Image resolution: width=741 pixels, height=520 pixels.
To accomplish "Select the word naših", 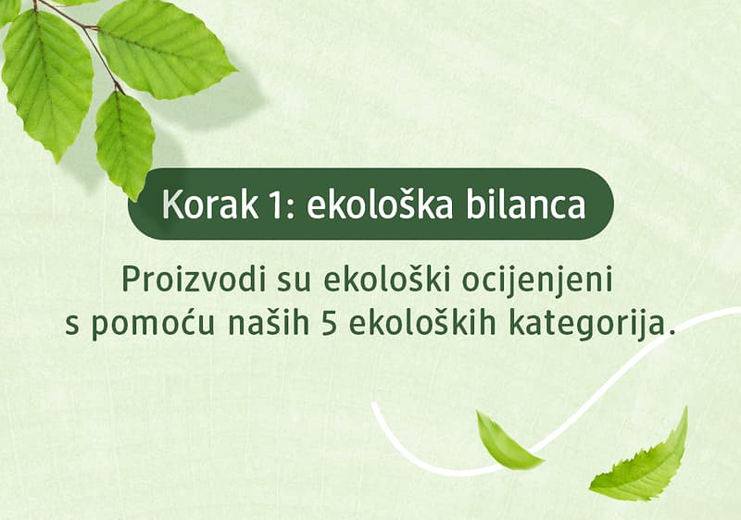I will click(258, 325).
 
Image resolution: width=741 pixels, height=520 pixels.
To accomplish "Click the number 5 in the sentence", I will click(323, 325).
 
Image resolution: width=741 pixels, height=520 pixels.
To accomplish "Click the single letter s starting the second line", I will click(71, 327).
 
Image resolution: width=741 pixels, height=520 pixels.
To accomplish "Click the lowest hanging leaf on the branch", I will click(124, 143).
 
